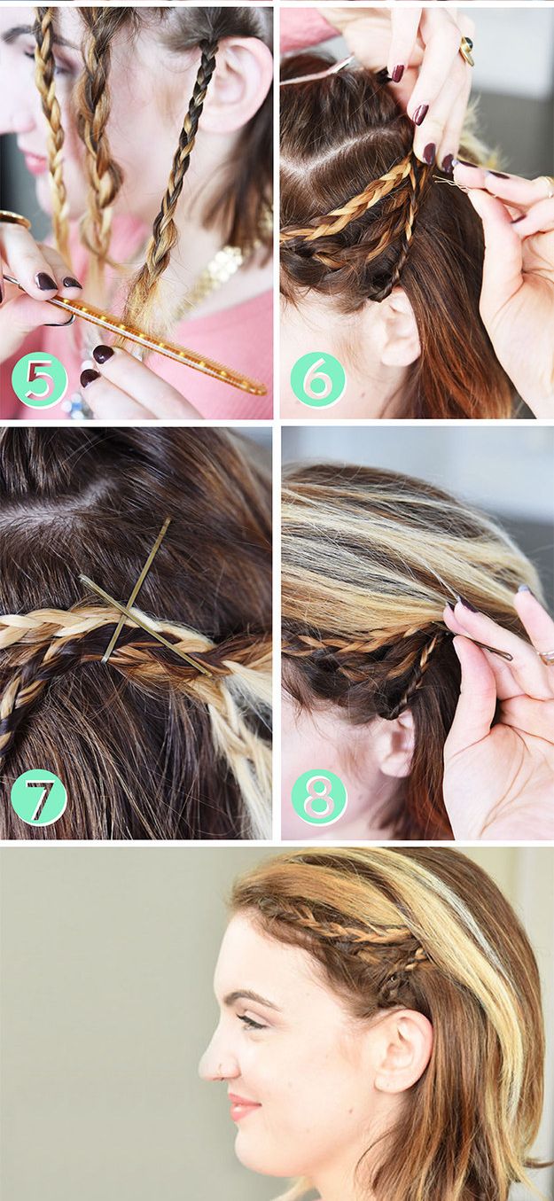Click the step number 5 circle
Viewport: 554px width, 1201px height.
click(x=39, y=379)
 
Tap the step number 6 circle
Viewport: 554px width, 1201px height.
click(x=318, y=379)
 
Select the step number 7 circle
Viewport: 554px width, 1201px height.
click(x=39, y=800)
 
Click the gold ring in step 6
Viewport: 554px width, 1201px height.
click(x=466, y=51)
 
